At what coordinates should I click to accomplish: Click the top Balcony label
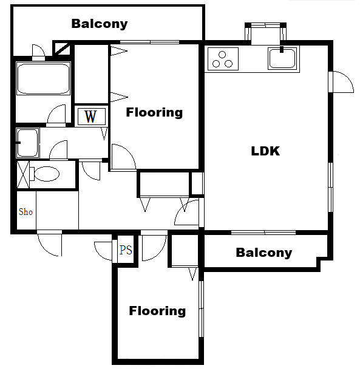pyautogui.click(x=100, y=24)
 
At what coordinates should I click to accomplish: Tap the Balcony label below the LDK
pyautogui.click(x=263, y=253)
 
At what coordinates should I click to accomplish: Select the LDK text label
pyautogui.click(x=265, y=151)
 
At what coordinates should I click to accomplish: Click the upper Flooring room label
pyautogui.click(x=154, y=112)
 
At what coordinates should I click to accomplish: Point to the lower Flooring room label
pyautogui.click(x=157, y=311)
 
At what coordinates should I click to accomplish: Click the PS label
pyautogui.click(x=126, y=250)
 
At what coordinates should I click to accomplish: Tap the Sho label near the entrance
pyautogui.click(x=25, y=212)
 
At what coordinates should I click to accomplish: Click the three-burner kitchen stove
pyautogui.click(x=223, y=59)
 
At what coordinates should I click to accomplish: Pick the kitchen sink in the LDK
pyautogui.click(x=282, y=59)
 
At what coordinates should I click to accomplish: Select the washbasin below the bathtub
pyautogui.click(x=27, y=143)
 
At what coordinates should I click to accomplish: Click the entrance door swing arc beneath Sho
pyautogui.click(x=49, y=244)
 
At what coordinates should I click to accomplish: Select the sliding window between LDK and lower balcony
pyautogui.click(x=263, y=233)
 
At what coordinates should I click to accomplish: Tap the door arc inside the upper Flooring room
pyautogui.click(x=124, y=157)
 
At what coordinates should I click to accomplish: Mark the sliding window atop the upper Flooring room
pyautogui.click(x=149, y=42)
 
